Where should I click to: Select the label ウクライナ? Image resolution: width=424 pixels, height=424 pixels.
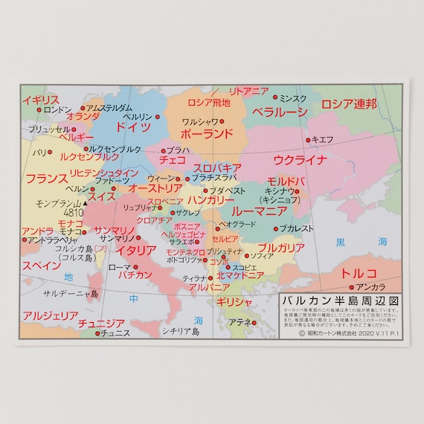click(300, 160)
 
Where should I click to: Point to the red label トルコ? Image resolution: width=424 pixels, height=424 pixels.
click(359, 272)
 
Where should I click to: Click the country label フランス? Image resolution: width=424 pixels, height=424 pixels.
click(46, 179)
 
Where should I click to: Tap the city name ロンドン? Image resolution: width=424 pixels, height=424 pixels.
click(58, 109)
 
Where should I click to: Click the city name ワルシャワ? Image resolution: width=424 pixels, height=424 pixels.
click(199, 121)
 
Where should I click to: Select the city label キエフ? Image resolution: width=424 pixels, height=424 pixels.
click(322, 139)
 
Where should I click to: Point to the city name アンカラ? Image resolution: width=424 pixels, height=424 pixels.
click(370, 287)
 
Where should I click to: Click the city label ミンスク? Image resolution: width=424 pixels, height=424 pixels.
click(292, 98)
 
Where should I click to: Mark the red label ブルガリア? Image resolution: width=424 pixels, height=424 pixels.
click(281, 247)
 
